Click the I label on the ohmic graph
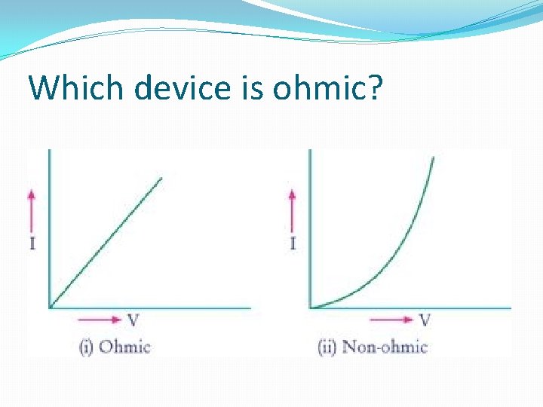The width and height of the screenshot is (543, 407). [x=32, y=244]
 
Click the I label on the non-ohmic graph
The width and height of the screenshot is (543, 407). [x=293, y=244]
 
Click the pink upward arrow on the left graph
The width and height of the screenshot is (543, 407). [x=32, y=211]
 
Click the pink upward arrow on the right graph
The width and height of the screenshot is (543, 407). [x=293, y=211]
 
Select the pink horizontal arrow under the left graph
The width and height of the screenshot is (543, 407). [x=100, y=320]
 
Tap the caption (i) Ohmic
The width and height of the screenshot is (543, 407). [x=115, y=347]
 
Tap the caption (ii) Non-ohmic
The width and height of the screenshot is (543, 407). [x=373, y=347]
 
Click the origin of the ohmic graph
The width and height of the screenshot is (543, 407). [x=49, y=308]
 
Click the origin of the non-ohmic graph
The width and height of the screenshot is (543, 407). [x=310, y=308]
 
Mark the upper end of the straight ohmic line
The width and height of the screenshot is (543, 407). [x=161, y=179]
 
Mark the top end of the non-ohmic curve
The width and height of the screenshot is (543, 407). [x=434, y=157]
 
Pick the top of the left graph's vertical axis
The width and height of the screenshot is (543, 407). [x=49, y=151]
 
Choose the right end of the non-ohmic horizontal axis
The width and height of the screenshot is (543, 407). [x=510, y=308]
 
